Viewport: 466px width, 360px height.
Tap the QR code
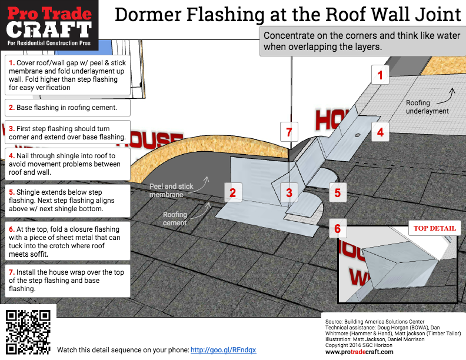pyautogui.click(x=28, y=332)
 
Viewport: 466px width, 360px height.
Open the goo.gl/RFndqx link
pyautogui.click(x=223, y=349)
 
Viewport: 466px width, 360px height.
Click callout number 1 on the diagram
pyautogui.click(x=380, y=75)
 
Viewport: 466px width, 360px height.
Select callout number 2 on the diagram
pyautogui.click(x=232, y=192)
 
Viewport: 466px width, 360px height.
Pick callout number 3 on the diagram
pyautogui.click(x=289, y=192)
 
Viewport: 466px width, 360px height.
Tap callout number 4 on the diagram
pyautogui.click(x=380, y=132)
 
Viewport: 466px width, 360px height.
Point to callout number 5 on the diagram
pyautogui.click(x=337, y=192)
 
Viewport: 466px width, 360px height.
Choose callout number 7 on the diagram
pyautogui.click(x=289, y=132)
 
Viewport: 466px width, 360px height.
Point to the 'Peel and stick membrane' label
pyautogui.click(x=171, y=190)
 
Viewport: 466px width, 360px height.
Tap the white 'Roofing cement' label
pyautogui.click(x=175, y=219)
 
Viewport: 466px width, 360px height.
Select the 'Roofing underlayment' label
pyautogui.click(x=427, y=106)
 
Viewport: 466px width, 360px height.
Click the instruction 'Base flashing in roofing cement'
pyautogui.click(x=66, y=108)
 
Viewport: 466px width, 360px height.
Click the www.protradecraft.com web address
pyautogui.click(x=359, y=352)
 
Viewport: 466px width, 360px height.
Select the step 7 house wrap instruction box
pyautogui.click(x=66, y=281)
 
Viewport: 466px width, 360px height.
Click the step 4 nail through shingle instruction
pyautogui.click(x=66, y=164)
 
